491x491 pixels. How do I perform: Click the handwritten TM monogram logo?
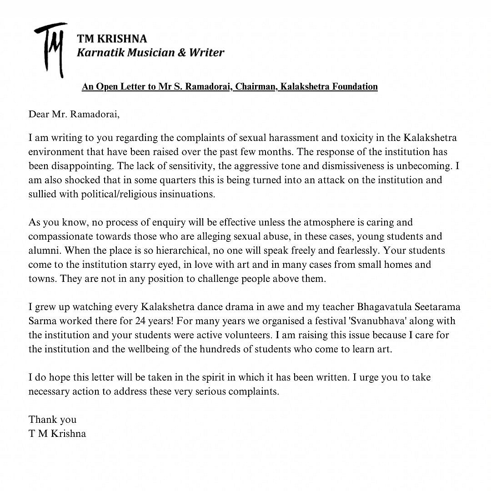click(x=50, y=49)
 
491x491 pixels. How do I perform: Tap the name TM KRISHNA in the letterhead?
click(x=112, y=39)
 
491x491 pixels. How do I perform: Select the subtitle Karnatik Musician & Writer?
click(x=150, y=53)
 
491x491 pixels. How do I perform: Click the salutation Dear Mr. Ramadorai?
click(x=74, y=114)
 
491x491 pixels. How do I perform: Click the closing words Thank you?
click(x=52, y=419)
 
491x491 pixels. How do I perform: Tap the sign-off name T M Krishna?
click(x=57, y=433)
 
